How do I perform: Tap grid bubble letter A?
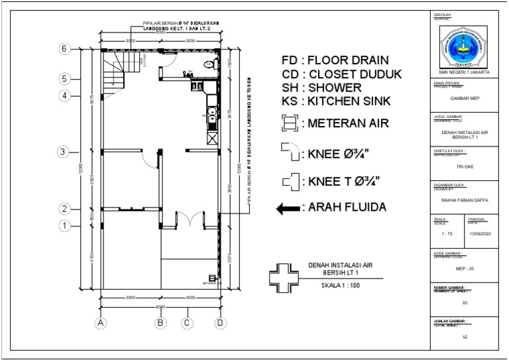pyautogui.click(x=101, y=323)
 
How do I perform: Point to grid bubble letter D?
pyautogui.click(x=220, y=323)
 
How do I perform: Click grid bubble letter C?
pyautogui.click(x=188, y=323)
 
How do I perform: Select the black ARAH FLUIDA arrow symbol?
pyautogui.click(x=288, y=208)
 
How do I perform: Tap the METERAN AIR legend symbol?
pyautogui.click(x=288, y=123)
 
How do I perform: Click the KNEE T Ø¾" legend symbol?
pyautogui.click(x=288, y=181)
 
